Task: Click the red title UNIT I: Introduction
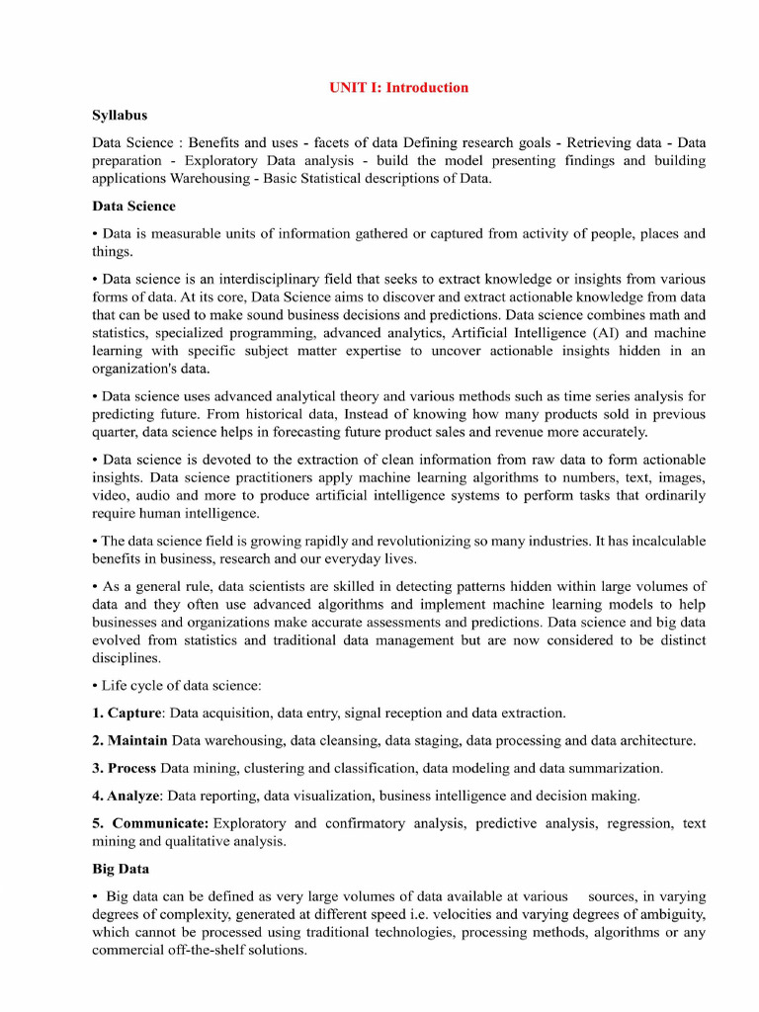coord(398,87)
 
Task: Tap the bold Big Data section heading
coord(121,869)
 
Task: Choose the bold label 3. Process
coord(125,768)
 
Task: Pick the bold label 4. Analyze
coord(126,796)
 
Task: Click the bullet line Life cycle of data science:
coord(181,685)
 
